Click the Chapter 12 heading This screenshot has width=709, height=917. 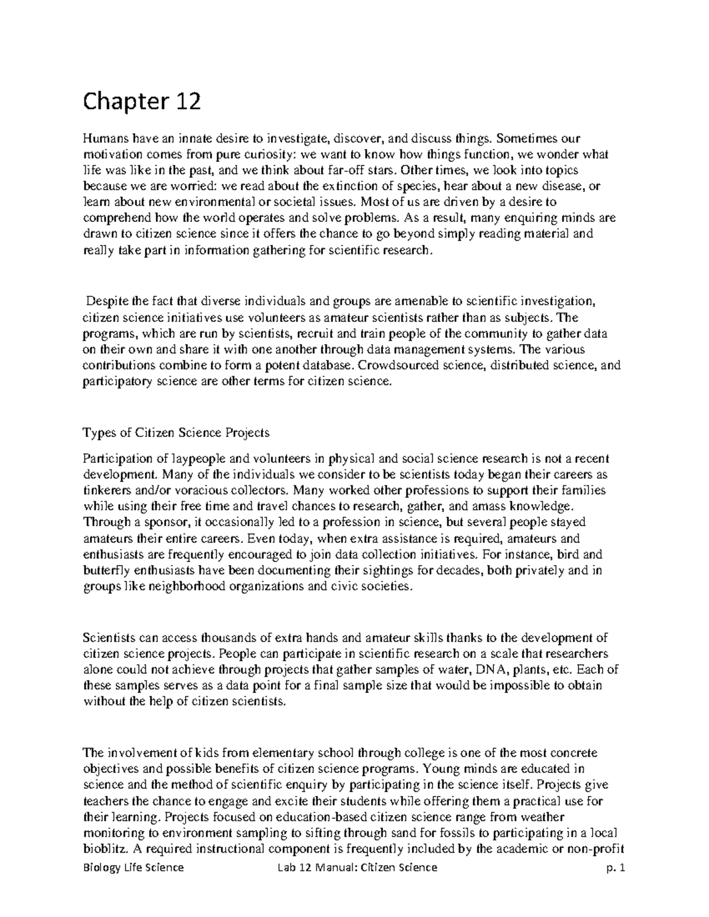click(x=142, y=103)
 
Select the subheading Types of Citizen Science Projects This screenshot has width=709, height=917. click(x=176, y=432)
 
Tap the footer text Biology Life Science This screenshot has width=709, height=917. click(x=133, y=867)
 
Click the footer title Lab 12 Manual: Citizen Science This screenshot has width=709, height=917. click(x=358, y=867)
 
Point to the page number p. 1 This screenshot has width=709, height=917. click(x=615, y=867)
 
